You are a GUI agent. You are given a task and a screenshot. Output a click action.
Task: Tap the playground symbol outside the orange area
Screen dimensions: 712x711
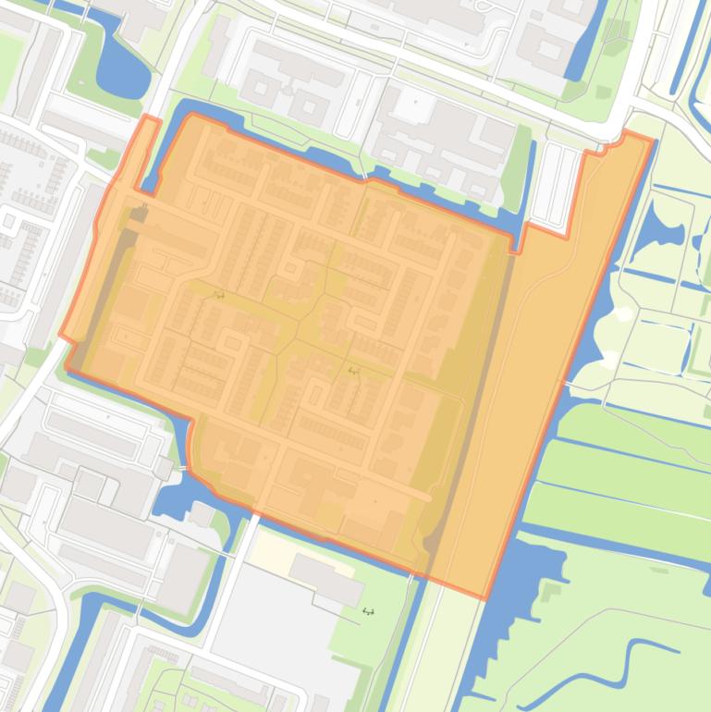(x=368, y=610)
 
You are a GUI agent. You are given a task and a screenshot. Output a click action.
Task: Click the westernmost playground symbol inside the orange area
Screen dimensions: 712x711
(x=219, y=295)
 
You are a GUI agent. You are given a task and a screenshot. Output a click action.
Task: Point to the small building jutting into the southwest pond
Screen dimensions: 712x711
(x=201, y=513)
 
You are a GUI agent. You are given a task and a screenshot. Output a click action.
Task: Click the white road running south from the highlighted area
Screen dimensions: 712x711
(x=231, y=573)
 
